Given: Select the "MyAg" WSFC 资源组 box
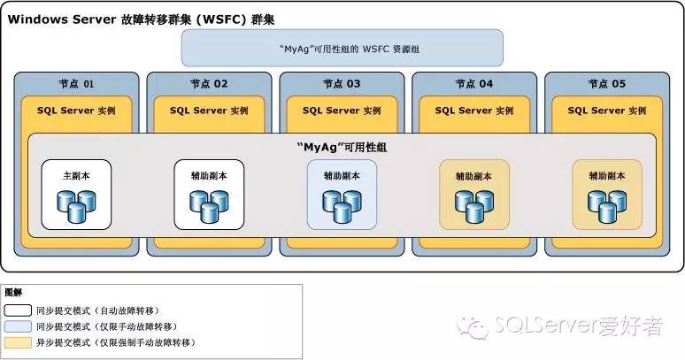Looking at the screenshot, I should pos(342,49).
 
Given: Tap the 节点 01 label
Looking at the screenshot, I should pos(76,85).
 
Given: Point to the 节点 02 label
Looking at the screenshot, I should pos(209,85).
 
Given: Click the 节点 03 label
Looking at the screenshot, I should pos(342,85).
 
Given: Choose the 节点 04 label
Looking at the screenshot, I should pos(474,85).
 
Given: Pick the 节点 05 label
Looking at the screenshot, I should pos(607,85).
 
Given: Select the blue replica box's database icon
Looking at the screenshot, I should pos(342,206).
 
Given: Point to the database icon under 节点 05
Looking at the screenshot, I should pos(607,206).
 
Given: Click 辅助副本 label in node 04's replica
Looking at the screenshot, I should pos(474,175).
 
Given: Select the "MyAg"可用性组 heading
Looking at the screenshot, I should pos(342,147).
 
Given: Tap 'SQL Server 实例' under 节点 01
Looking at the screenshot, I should pos(76,111).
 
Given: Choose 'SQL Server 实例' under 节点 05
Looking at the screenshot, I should pos(607,111).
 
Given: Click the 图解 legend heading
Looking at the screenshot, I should pos(14,293).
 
